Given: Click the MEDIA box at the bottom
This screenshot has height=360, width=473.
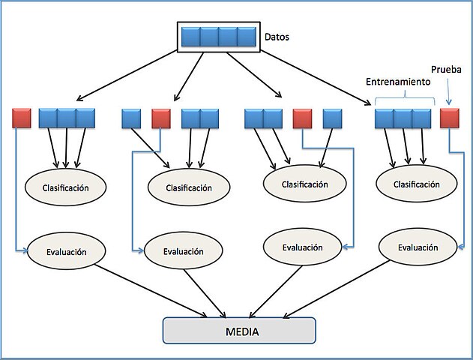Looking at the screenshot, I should click(x=239, y=331).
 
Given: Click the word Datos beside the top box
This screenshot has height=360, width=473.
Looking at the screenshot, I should click(x=277, y=35).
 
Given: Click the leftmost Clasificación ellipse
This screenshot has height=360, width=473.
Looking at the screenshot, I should click(x=64, y=187).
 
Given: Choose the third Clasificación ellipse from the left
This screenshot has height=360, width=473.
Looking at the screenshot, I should click(x=304, y=183).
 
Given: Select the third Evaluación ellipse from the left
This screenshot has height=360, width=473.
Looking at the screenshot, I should click(x=302, y=247).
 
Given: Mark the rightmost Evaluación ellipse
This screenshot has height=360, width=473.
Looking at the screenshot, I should click(x=418, y=247).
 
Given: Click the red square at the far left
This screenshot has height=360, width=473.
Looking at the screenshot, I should click(x=22, y=118).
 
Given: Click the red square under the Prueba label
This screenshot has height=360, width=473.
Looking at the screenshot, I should click(x=449, y=118).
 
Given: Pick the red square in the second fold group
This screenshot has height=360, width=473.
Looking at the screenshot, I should click(x=161, y=118).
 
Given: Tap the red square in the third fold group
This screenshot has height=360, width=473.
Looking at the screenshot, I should click(x=302, y=118).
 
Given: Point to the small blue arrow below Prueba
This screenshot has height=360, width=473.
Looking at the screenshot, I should click(x=448, y=94).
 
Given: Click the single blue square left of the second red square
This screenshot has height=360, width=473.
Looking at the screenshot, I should click(x=131, y=118).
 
